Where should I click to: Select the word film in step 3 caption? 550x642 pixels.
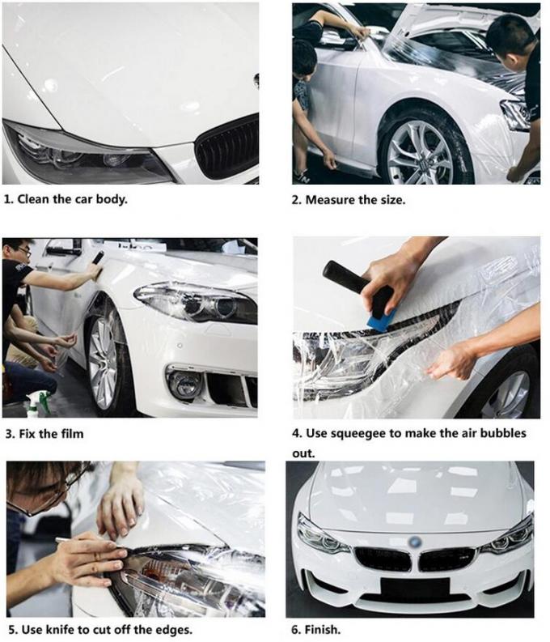point(70,434)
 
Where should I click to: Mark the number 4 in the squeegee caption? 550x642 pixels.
point(296,434)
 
